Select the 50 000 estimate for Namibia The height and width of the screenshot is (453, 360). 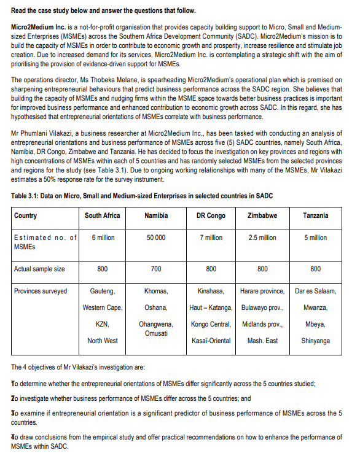[156, 238]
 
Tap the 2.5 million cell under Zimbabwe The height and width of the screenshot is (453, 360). [262, 238]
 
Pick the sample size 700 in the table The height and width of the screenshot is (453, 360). [156, 269]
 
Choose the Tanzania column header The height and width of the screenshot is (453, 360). [315, 215]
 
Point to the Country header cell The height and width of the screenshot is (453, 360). [26, 215]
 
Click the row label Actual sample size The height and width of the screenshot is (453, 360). [39, 269]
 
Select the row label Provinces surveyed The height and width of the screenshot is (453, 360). [41, 291]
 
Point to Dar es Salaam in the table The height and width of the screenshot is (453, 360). [315, 291]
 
